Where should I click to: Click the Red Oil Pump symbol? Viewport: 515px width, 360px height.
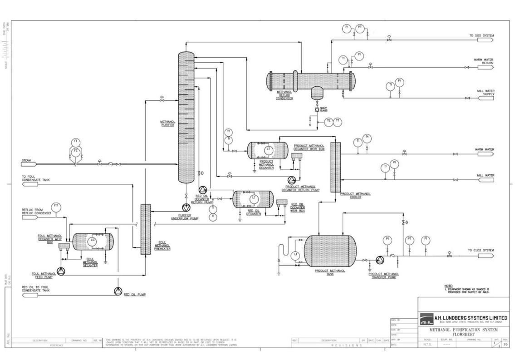(118, 291)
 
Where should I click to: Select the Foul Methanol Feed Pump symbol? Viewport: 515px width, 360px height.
(62, 271)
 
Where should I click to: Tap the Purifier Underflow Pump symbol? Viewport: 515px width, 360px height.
(185, 207)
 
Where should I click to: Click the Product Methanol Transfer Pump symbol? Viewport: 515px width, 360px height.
(379, 260)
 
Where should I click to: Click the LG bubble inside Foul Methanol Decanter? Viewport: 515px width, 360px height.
(93, 241)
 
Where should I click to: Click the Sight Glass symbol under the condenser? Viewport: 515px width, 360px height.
(317, 110)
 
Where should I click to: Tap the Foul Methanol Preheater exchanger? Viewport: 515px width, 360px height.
(145, 229)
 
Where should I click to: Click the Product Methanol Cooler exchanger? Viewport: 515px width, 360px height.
(335, 167)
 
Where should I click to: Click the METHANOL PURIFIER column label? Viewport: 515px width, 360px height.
(168, 123)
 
